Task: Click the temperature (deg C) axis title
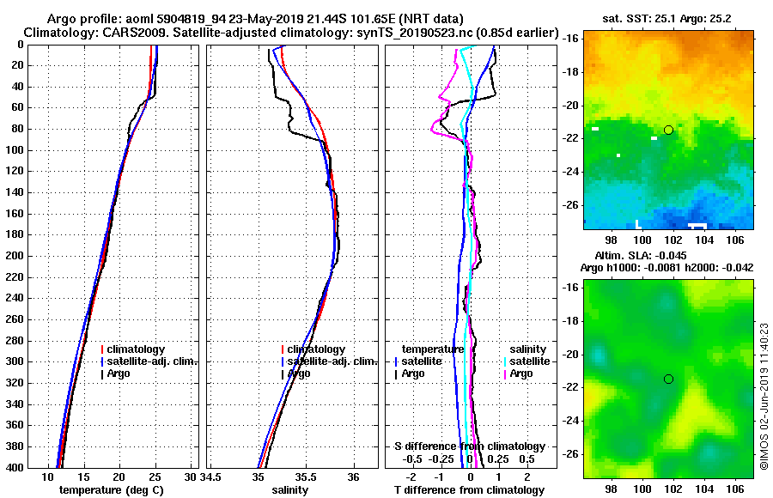[111, 490]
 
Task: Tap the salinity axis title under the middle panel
[290, 490]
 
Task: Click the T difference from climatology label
[469, 490]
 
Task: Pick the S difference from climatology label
[469, 446]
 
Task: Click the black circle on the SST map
[668, 131]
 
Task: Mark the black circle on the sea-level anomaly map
[668, 379]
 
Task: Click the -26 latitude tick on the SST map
[568, 205]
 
